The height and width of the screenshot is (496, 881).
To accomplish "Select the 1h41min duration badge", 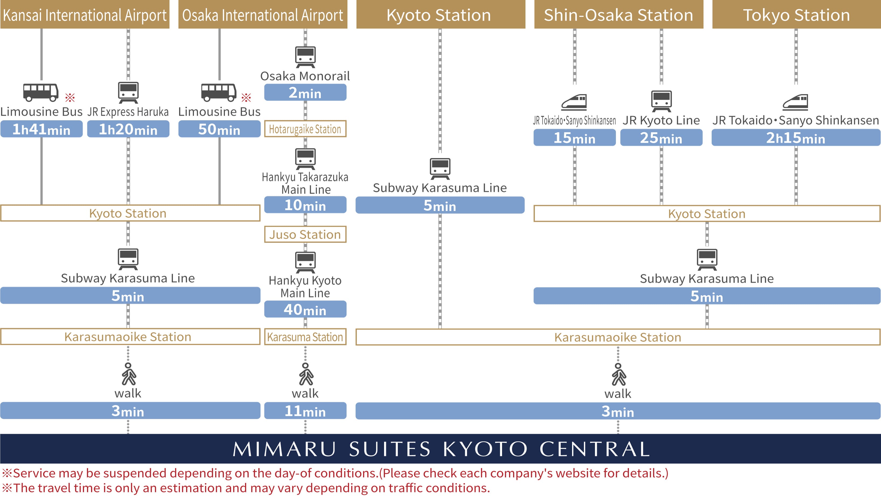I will click(x=41, y=129).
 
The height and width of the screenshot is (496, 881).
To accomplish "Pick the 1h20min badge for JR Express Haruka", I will click(x=128, y=129).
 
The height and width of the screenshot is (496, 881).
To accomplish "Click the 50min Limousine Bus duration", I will click(x=219, y=129).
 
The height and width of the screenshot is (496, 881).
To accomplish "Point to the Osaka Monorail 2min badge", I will click(x=305, y=93).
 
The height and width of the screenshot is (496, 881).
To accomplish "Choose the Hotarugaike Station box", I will click(x=305, y=129).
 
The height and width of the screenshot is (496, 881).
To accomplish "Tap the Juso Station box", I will click(x=305, y=235).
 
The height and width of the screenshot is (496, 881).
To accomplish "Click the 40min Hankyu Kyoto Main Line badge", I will click(x=305, y=309).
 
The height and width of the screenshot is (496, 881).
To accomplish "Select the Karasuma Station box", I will click(x=305, y=337).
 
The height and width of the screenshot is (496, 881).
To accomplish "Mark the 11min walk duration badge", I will click(x=305, y=411).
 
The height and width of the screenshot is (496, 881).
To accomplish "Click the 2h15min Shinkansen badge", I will click(x=796, y=137).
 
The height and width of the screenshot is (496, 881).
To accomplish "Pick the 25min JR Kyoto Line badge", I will click(x=661, y=137).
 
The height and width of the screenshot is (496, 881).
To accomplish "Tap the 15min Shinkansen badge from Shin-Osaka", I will click(x=574, y=137).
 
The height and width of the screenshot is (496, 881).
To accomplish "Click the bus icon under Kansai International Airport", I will click(x=41, y=92).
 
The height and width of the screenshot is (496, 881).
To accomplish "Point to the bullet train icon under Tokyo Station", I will click(x=796, y=102).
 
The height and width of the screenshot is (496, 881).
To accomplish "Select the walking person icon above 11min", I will click(x=305, y=374).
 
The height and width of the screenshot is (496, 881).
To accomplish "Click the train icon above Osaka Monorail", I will click(x=305, y=57).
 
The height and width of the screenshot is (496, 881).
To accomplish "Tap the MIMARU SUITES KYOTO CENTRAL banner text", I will click(x=441, y=449).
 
